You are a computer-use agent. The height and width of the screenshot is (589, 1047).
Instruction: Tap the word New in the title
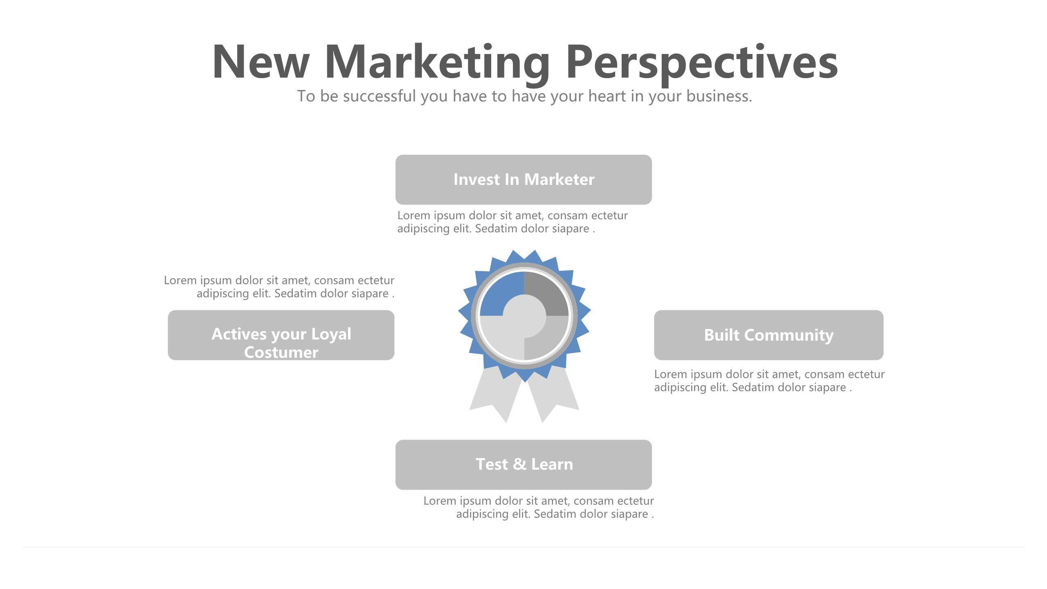[x=261, y=61]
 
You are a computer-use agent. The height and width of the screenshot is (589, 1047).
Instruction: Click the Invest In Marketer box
[x=523, y=180]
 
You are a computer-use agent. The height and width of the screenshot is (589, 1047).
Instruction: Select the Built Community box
[x=769, y=335]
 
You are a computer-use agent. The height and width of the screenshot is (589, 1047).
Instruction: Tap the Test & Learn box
[x=523, y=465]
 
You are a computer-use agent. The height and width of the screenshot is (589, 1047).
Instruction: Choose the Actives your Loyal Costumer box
[x=281, y=335]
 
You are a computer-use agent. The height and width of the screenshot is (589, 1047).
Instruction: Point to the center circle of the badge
[x=524, y=316]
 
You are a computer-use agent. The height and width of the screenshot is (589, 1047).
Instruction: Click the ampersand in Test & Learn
[x=519, y=464]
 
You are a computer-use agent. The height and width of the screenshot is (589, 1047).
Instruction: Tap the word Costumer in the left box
[x=281, y=353]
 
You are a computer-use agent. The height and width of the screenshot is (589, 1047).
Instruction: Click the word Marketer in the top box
[x=559, y=180]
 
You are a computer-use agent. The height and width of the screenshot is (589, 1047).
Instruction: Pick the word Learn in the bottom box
[x=552, y=464]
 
